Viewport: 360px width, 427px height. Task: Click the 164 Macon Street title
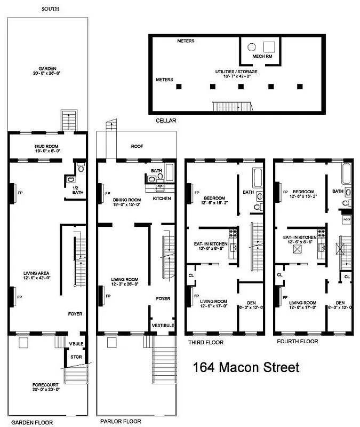tap(246, 367)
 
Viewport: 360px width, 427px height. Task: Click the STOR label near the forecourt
tap(75, 357)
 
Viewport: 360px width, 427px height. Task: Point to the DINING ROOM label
tap(123, 201)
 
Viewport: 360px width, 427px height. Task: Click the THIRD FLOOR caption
tap(205, 342)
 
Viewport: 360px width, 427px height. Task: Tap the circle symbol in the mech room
tap(251, 46)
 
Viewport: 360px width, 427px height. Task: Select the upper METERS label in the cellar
tap(186, 41)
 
